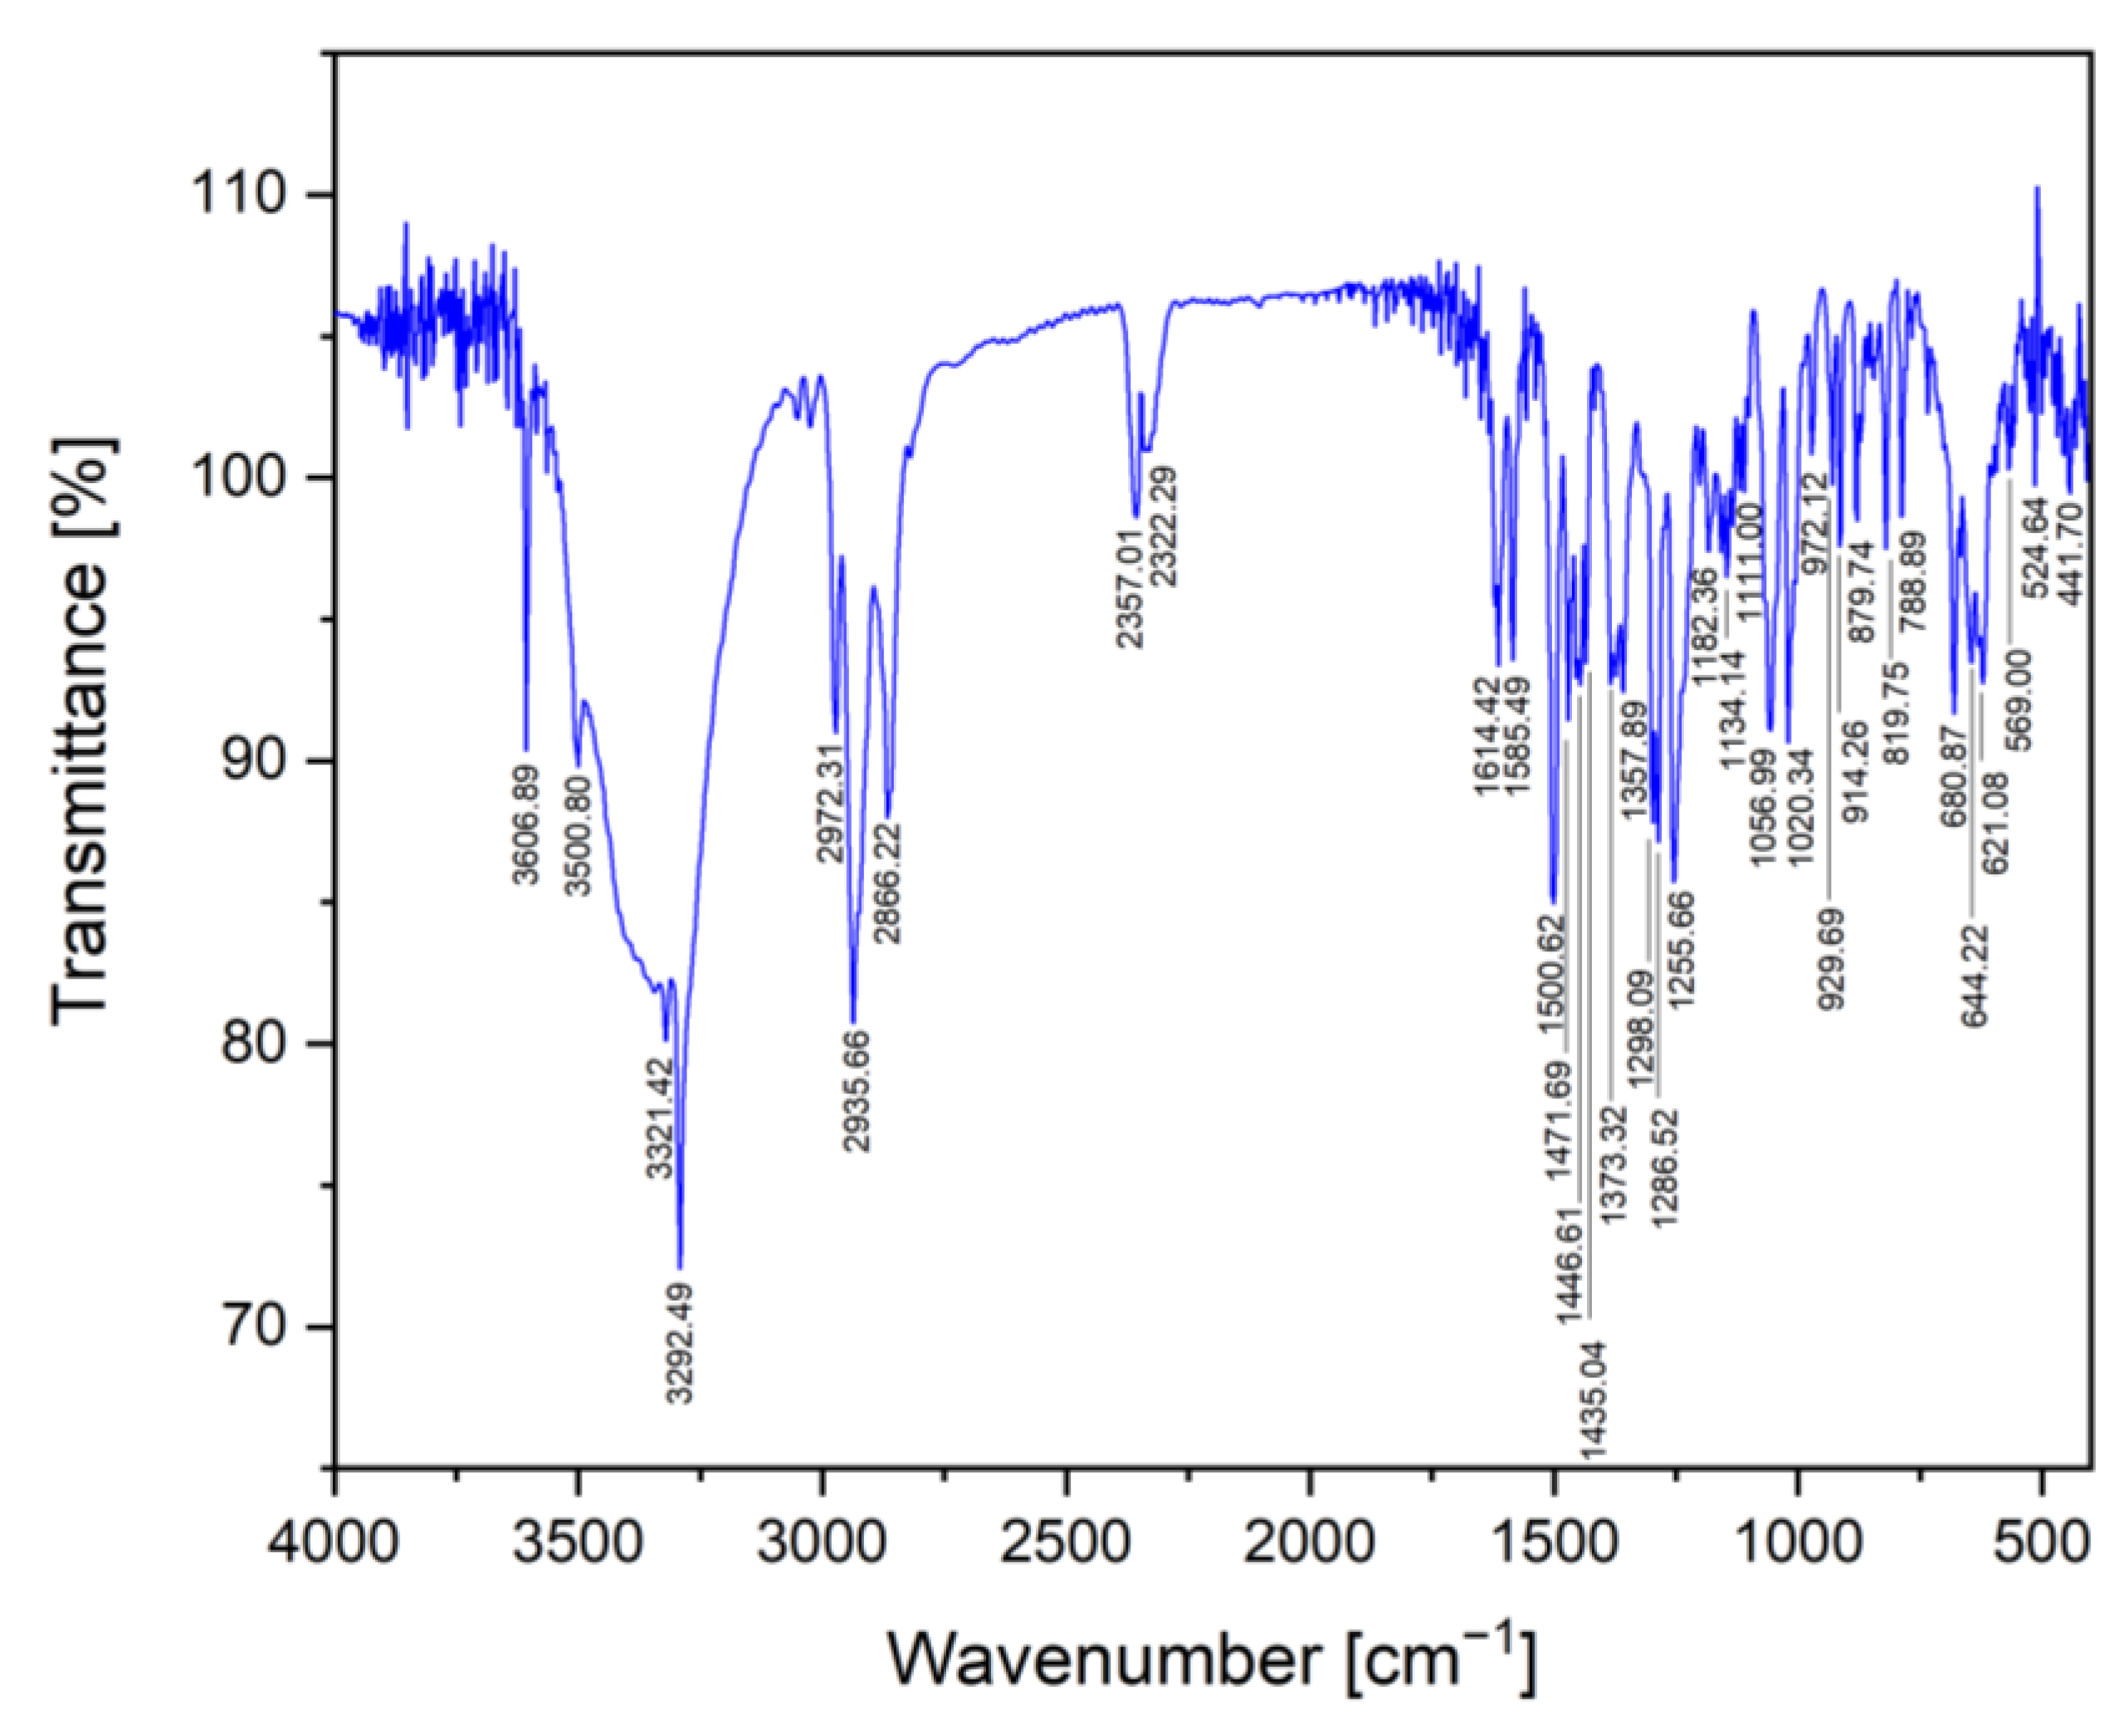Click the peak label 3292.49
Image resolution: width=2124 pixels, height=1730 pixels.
(680, 1342)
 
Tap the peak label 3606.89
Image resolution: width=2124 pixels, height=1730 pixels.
(525, 823)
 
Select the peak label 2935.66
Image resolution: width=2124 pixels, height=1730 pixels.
(855, 1092)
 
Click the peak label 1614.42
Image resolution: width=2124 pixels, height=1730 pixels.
(1487, 735)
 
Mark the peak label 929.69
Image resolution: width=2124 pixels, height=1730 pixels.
(1830, 959)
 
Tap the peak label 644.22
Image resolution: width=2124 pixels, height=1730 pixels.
(1975, 975)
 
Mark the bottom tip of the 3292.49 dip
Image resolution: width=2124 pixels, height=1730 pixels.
(680, 1268)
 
